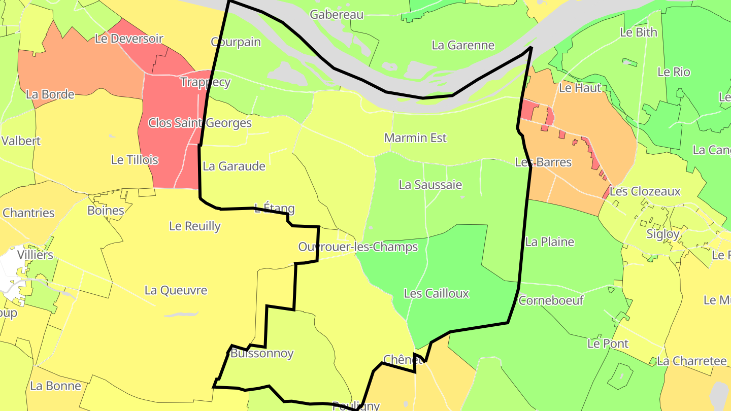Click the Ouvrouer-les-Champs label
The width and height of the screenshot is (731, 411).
click(358, 247)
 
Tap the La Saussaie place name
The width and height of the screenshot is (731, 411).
click(430, 185)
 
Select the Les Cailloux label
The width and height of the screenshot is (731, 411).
click(436, 293)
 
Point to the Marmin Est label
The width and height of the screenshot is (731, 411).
click(415, 138)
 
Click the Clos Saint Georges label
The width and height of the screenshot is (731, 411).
click(200, 123)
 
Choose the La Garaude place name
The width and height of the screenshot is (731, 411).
click(234, 166)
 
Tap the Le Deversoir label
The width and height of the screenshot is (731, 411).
click(129, 39)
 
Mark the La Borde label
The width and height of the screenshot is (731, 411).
click(50, 94)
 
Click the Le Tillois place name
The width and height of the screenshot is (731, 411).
click(135, 160)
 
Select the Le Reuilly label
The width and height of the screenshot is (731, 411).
click(195, 226)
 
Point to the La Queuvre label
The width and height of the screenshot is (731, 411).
click(176, 290)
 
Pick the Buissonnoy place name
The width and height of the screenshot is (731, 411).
click(262, 353)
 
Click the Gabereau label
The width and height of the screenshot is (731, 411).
click(337, 15)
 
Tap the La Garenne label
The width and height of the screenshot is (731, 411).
click(463, 45)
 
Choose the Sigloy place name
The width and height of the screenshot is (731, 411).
click(663, 234)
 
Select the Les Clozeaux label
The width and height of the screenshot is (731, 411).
click(645, 192)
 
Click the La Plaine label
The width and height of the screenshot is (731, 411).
click(550, 242)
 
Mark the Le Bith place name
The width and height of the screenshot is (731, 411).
click(639, 32)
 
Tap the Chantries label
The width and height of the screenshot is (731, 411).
click(28, 213)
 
